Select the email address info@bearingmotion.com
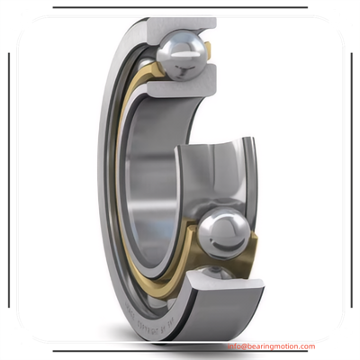click(x=271, y=346)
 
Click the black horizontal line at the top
click(x=179, y=7)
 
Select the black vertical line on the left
click(x=8, y=180)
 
